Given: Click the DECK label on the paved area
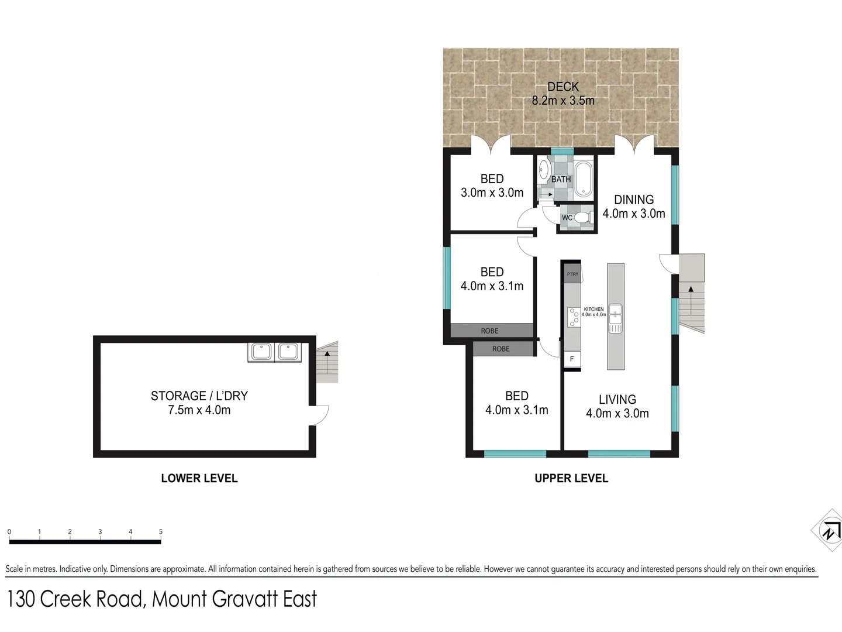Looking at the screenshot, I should pyautogui.click(x=563, y=87).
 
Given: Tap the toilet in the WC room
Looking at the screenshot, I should pyautogui.click(x=581, y=218).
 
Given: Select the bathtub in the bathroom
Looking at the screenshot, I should pyautogui.click(x=583, y=180).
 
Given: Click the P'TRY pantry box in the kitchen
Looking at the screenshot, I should pyautogui.click(x=572, y=274).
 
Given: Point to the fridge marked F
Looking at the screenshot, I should pyautogui.click(x=572, y=359).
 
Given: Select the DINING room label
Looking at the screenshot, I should pyautogui.click(x=634, y=200).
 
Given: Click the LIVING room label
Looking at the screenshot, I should pyautogui.click(x=617, y=400).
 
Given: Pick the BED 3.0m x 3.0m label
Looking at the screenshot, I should pyautogui.click(x=492, y=186).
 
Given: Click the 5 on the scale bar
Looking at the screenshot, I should pyautogui.click(x=161, y=532).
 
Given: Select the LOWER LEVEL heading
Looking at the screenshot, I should pyautogui.click(x=199, y=479).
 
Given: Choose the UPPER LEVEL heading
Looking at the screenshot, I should pyautogui.click(x=571, y=479).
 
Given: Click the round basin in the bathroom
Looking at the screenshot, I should pyautogui.click(x=543, y=168).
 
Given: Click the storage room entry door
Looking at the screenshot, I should pyautogui.click(x=319, y=415).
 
